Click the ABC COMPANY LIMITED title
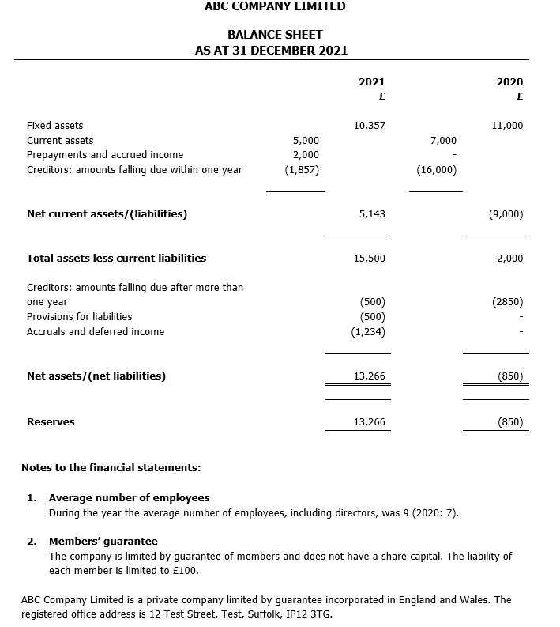(274, 6)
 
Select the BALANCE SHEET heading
(274, 35)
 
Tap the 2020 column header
(509, 82)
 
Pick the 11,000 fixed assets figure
(507, 125)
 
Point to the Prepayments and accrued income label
(105, 155)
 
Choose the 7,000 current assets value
(443, 140)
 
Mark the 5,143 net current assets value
(372, 214)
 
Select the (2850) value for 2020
(507, 302)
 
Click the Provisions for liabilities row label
(80, 317)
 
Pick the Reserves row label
(51, 422)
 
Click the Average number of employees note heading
(130, 498)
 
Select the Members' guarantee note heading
(103, 542)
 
